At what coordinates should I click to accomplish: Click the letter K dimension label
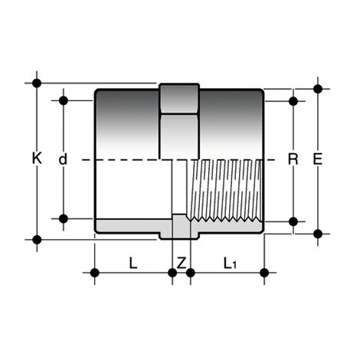pos(36,159)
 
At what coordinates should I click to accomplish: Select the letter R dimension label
pos(292,159)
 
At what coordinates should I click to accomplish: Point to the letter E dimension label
pos(318,159)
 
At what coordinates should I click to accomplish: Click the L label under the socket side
pos(133,263)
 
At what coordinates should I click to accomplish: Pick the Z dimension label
pos(181,263)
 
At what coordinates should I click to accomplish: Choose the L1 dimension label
pos(229,263)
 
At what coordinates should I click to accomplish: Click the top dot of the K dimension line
pos(36,82)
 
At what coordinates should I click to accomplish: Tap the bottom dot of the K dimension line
pos(36,239)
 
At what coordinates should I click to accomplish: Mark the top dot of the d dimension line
pos(64,100)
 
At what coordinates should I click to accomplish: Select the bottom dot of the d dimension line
pos(64,218)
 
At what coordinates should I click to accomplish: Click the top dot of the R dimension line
pos(292,100)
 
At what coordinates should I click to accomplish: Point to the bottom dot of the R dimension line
pos(292,221)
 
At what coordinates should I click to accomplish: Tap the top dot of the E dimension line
pos(318,88)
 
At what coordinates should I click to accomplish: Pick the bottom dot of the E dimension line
pos(318,233)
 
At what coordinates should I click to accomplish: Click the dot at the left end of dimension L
pos(95,272)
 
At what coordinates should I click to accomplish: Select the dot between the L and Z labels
pos(172,272)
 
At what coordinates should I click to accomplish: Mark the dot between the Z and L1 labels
pos(190,272)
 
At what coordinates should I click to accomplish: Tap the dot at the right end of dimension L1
pos(264,272)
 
